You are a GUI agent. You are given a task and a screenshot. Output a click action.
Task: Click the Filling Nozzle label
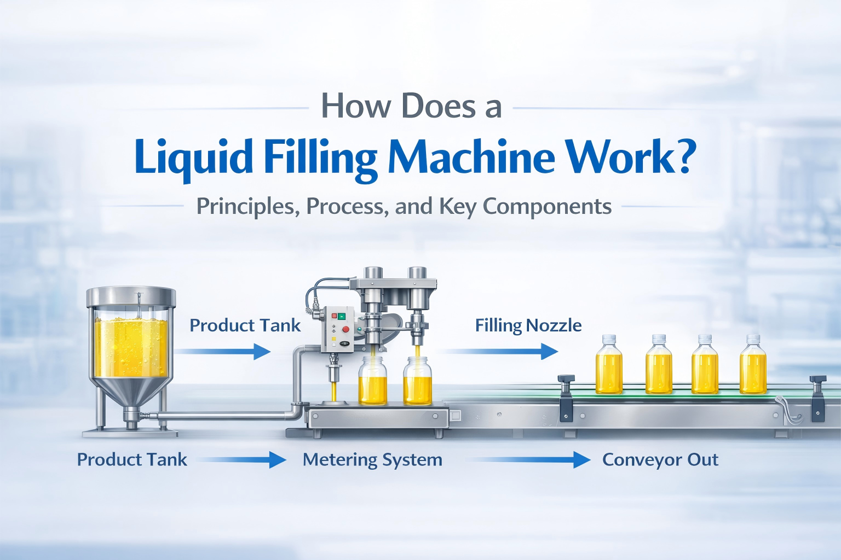pyautogui.click(x=528, y=325)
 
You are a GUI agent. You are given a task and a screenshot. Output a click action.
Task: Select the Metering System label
pyautogui.click(x=372, y=460)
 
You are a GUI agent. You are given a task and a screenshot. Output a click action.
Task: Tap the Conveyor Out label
pyautogui.click(x=660, y=460)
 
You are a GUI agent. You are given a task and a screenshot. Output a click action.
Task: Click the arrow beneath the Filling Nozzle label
pyautogui.click(x=501, y=351)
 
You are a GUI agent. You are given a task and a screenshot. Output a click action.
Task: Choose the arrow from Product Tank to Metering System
pyautogui.click(x=241, y=460)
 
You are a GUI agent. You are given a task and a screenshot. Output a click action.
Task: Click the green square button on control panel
pyautogui.click(x=342, y=316)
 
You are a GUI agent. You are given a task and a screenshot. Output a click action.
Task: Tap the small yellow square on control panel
pyautogui.click(x=333, y=340)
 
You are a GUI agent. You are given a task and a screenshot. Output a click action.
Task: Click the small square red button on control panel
pyautogui.click(x=335, y=316)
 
